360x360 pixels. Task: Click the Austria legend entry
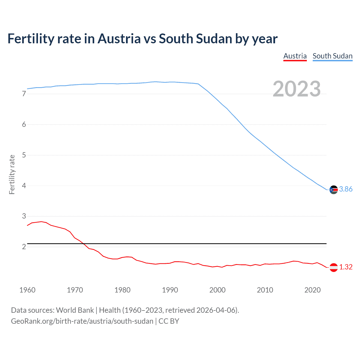(295, 56)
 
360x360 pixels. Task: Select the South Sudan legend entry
(332, 56)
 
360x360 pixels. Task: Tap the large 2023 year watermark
(297, 89)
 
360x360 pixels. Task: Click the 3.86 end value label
(346, 189)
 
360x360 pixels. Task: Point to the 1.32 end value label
(346, 267)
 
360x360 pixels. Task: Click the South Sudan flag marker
(334, 190)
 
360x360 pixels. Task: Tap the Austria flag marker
(334, 267)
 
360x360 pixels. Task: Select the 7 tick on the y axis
(24, 94)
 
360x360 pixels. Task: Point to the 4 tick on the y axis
(24, 186)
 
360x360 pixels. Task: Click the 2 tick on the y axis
(24, 247)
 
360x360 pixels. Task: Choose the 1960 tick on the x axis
(27, 290)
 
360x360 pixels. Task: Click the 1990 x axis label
(170, 290)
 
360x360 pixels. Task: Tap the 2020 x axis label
(312, 290)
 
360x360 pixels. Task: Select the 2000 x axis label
(217, 290)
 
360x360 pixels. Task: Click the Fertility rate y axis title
(12, 174)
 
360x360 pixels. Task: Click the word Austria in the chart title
(119, 39)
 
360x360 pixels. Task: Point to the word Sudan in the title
(214, 39)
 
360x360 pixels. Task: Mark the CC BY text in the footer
(169, 321)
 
